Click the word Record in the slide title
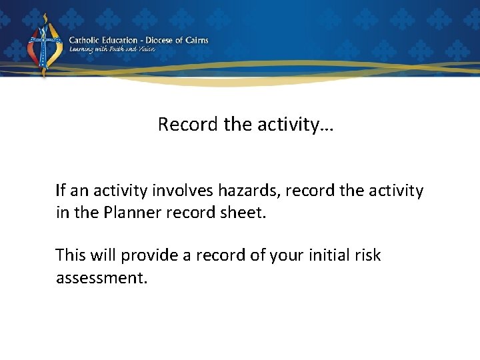coord(179,125)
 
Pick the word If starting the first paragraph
coord(61,191)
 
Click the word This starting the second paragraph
coord(71,255)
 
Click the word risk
coord(368,255)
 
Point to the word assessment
coord(101,277)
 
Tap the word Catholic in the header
coord(85,40)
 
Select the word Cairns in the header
coord(196,40)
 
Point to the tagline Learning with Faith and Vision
coord(112,49)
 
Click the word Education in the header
coord(120,40)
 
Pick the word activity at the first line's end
coord(398,191)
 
